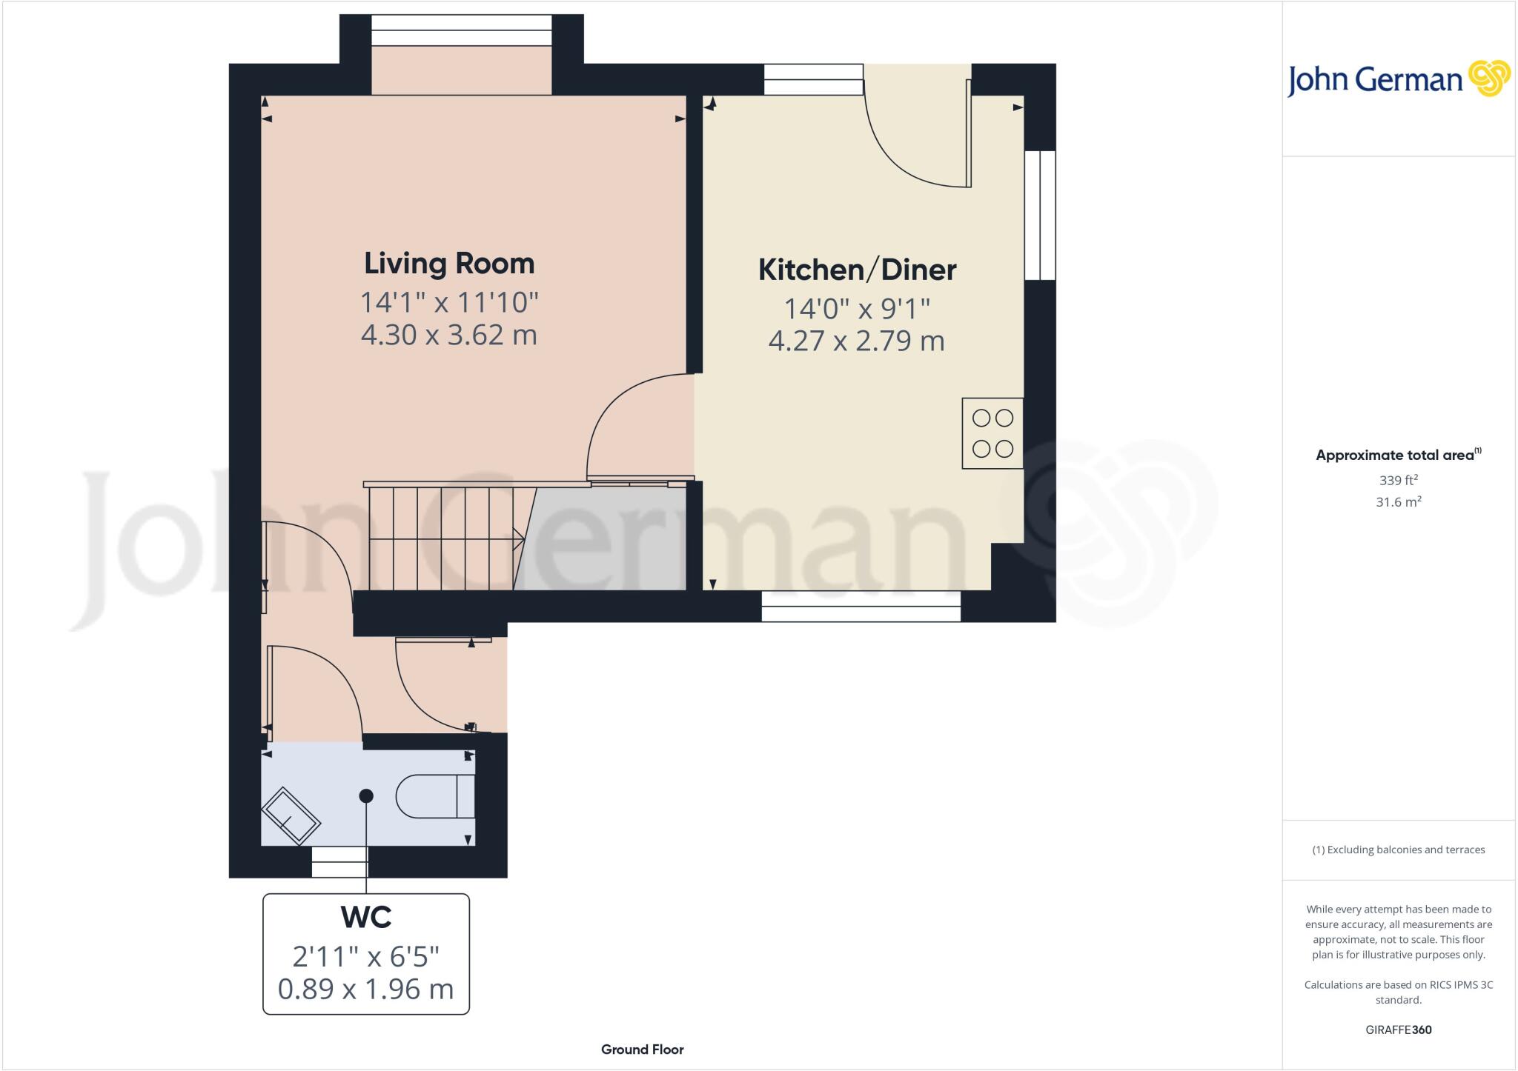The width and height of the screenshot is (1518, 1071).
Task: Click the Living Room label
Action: tap(448, 264)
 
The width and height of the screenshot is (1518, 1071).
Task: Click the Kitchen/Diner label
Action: tap(857, 270)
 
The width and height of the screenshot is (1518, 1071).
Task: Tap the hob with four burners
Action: tap(992, 433)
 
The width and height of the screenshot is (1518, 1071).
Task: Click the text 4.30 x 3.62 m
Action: tap(448, 335)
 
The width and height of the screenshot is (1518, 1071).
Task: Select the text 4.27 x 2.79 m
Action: tap(856, 341)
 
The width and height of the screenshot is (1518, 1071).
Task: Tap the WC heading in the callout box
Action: tap(366, 918)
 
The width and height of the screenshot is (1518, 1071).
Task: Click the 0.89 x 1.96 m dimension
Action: tap(365, 989)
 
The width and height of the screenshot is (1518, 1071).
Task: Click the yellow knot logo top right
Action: tap(1488, 79)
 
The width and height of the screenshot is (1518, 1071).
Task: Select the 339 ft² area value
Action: tap(1398, 480)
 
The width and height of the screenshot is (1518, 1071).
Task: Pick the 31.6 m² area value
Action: tap(1398, 502)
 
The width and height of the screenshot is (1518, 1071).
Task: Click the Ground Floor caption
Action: tap(642, 1050)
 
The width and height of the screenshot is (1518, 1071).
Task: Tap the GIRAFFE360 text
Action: tap(1398, 1030)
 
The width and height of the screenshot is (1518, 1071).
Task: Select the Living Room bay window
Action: tap(461, 30)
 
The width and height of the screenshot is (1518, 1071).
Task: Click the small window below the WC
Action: tap(339, 863)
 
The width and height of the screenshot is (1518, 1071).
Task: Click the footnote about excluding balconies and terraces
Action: tap(1398, 850)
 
